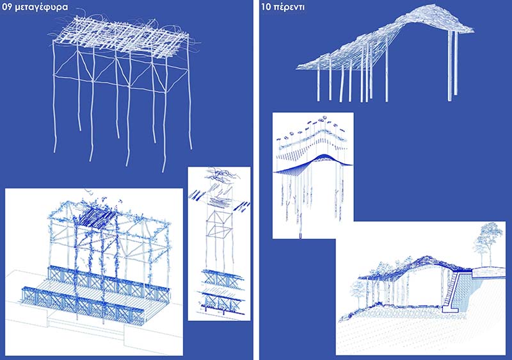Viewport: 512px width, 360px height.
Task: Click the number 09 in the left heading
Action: click(7, 6)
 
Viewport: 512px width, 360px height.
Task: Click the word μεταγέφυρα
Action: click(42, 7)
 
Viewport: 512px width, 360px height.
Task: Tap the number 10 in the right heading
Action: click(266, 7)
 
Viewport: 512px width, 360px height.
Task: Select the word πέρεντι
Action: click(289, 8)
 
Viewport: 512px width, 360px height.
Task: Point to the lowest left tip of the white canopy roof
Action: click(296, 69)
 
